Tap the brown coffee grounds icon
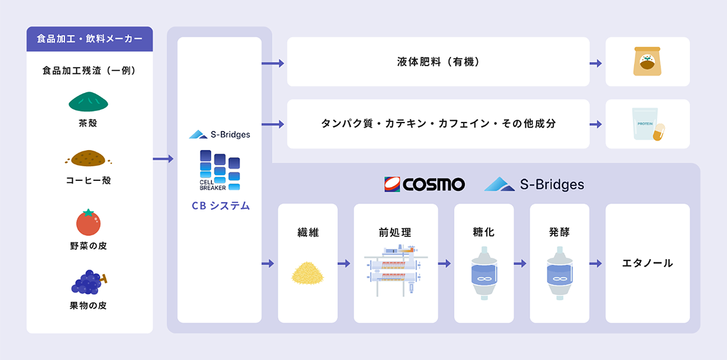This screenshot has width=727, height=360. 88,158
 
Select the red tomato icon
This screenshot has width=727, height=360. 88,222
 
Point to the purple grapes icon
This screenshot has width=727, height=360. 89,282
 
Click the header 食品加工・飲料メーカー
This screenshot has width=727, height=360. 89,39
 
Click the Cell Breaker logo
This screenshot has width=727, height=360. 220,170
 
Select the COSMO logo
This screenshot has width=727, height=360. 424,184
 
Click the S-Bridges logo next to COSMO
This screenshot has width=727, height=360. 534,184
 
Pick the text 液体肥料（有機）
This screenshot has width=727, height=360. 438,62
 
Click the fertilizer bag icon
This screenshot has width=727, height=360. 647,61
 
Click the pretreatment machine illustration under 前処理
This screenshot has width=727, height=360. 395,270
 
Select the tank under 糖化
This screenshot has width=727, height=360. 483,272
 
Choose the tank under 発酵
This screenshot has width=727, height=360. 559,272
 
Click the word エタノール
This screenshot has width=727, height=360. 647,263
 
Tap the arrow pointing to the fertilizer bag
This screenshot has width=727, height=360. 596,63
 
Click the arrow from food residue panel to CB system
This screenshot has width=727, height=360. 164,159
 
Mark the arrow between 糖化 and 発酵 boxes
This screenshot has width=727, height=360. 520,264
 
